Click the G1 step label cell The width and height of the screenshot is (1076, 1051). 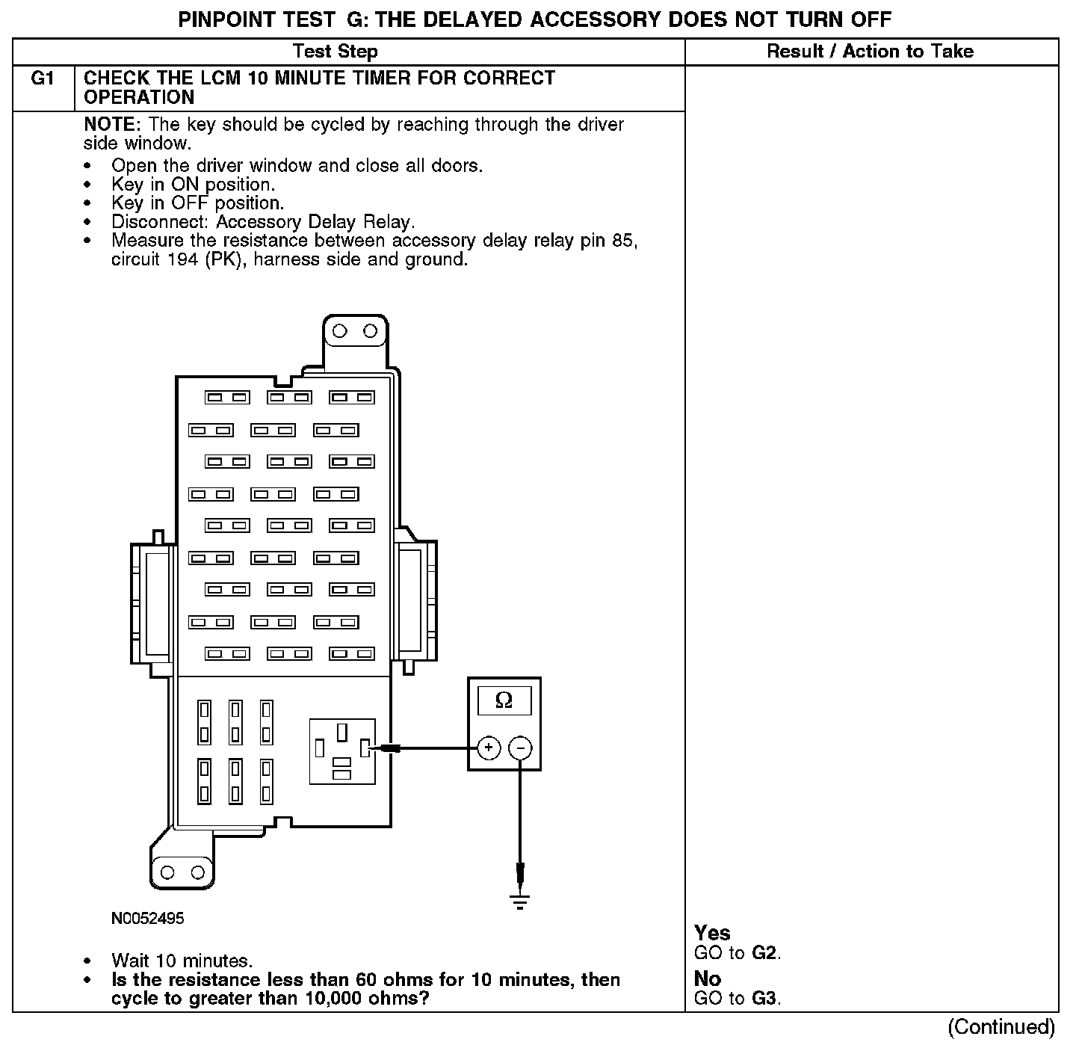point(43,79)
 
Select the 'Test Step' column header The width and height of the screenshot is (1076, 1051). point(335,52)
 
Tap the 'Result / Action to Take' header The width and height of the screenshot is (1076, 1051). point(870,52)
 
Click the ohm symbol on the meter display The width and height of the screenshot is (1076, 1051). point(504,700)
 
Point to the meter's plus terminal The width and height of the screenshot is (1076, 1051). point(489,748)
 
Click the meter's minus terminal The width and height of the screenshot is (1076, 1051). point(520,748)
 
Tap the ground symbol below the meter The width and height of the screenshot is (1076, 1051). point(520,900)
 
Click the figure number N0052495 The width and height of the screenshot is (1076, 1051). point(147,919)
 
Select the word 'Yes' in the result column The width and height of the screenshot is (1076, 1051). point(712,933)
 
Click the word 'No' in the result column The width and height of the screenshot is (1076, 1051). point(707,978)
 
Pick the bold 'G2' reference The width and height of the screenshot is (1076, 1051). point(764,953)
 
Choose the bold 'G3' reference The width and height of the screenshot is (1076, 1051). point(764,999)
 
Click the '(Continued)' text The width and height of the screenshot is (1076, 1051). point(1001,1027)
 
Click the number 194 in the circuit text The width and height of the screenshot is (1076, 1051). point(182,259)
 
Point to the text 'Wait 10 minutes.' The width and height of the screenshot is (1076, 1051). point(182,961)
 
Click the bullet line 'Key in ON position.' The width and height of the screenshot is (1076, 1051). point(193,184)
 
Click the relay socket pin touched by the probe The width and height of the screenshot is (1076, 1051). point(365,748)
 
